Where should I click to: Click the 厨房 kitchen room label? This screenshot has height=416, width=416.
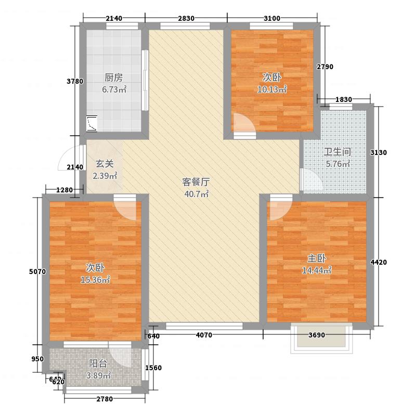tap(113, 77)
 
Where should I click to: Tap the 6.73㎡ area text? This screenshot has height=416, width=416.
tap(114, 89)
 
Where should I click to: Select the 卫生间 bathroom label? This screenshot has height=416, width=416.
tap(337, 152)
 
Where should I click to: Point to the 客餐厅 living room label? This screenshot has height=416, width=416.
tap(196, 182)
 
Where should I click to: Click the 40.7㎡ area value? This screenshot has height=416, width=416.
tap(197, 194)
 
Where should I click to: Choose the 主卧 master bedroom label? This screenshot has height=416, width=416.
tap(317, 258)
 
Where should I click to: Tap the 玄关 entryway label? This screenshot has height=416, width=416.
tap(105, 164)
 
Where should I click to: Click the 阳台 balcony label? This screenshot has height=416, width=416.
tap(98, 363)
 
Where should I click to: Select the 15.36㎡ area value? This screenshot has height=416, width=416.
tap(95, 280)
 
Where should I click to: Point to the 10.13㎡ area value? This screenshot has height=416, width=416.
tap(272, 89)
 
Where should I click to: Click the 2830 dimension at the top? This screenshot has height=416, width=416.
tap(186, 18)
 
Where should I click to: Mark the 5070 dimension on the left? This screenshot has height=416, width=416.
tap(37, 271)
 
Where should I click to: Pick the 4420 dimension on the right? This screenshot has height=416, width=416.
tap(379, 262)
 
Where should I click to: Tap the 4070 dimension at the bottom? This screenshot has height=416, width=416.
tap(204, 335)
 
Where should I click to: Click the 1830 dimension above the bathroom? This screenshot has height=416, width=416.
tap(344, 99)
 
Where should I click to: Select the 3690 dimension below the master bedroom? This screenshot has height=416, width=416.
tap(317, 335)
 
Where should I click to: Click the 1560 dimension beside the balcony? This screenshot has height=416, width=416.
tap(153, 368)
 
